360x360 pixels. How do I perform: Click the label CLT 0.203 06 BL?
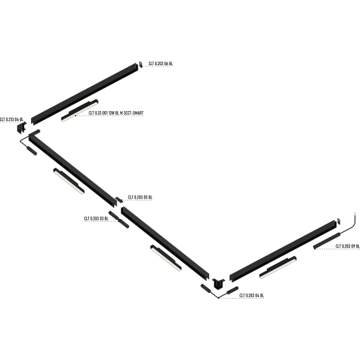coord(161,63)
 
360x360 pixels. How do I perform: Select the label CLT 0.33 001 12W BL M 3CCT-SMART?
coord(116,113)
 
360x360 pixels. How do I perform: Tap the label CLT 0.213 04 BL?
coord(11,119)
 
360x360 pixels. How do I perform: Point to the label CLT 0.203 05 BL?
coord(140,197)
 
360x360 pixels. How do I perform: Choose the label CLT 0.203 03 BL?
coord(96,218)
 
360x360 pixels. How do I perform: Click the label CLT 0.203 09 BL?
coord(348,246)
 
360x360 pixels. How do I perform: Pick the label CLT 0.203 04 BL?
coord(251,295)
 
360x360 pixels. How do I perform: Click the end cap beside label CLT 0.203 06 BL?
coord(141,65)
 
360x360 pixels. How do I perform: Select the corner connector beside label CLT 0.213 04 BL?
coord(21,128)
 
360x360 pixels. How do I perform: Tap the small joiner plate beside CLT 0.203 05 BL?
coord(119,200)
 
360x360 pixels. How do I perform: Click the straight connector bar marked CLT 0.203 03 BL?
coord(119,220)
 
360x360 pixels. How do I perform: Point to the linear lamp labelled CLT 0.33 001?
coord(79,110)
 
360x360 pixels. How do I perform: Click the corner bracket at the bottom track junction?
coord(218,283)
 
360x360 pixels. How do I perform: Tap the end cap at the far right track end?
coord(339,221)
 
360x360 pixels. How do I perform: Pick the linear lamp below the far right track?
coord(278,268)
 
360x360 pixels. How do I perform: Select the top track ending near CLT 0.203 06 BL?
coord(84,94)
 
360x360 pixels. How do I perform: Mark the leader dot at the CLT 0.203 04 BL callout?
coord(218,298)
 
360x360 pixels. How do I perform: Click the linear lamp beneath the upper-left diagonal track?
coord(69,181)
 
